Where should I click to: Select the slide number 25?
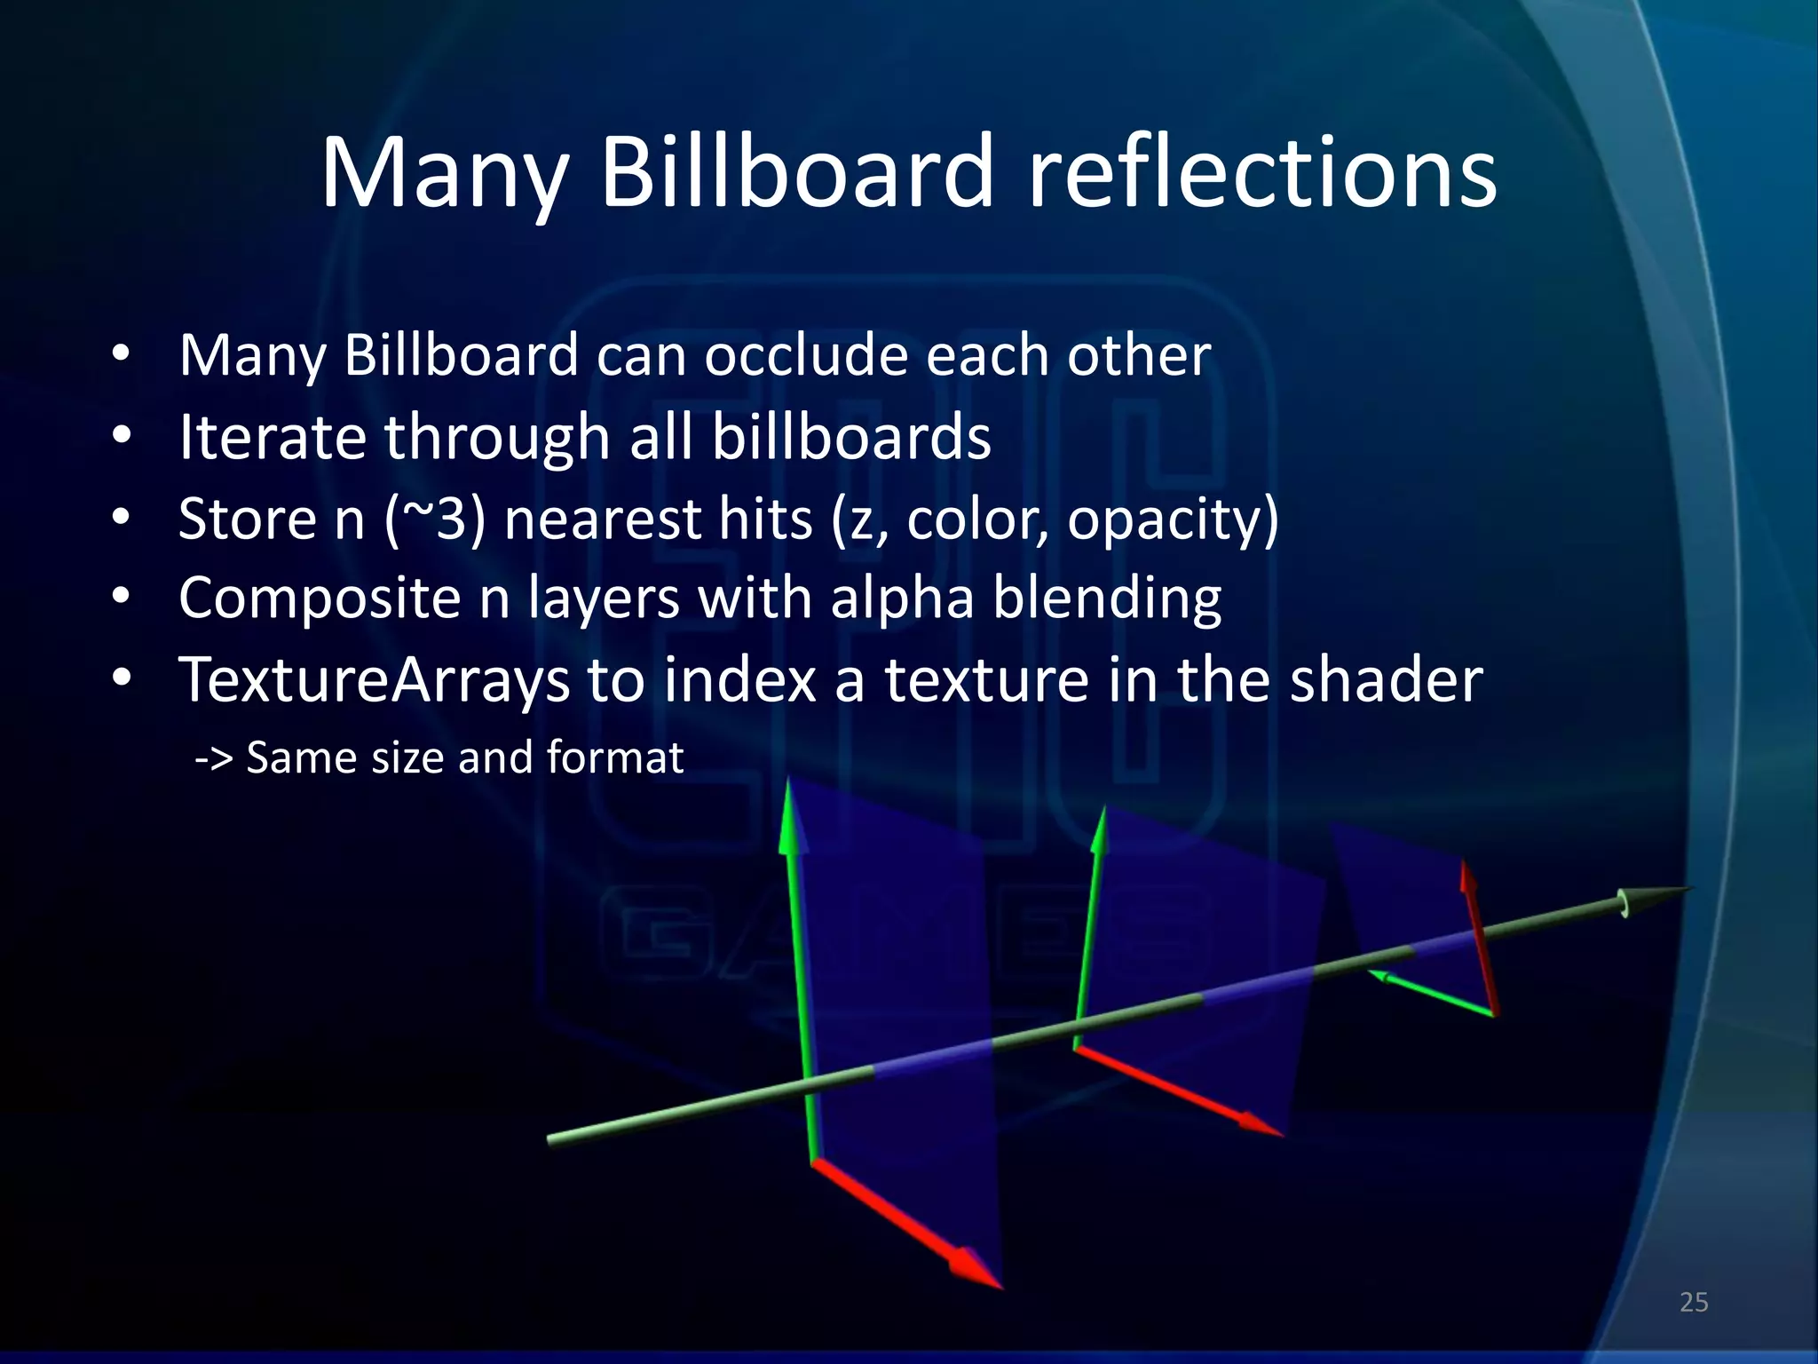pos(1694,1302)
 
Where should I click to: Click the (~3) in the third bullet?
pos(436,519)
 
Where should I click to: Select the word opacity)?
pos(1172,519)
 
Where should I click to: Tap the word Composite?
pos(320,598)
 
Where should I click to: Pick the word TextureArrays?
pos(374,679)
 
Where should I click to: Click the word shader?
pos(1385,679)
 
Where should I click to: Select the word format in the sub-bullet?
pos(614,757)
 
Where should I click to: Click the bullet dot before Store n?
pos(122,518)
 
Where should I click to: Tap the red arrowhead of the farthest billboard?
pos(1466,876)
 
